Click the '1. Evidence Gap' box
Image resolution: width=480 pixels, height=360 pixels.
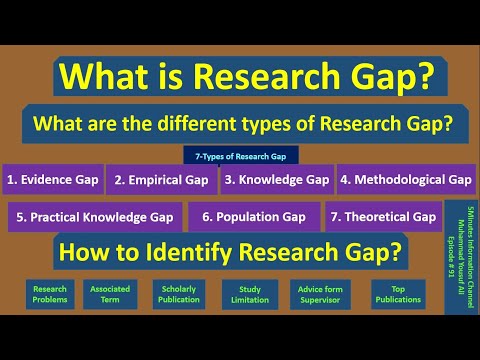[x=51, y=180]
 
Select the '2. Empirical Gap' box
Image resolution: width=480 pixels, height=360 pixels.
[x=161, y=180]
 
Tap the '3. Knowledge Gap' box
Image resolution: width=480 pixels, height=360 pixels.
[x=276, y=180]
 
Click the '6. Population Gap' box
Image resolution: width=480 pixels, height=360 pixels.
[x=253, y=216]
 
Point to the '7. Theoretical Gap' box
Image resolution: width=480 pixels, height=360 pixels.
[x=383, y=216]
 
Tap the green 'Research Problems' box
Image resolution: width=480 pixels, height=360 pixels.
[x=50, y=293]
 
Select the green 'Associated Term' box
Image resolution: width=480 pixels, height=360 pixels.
[x=110, y=293]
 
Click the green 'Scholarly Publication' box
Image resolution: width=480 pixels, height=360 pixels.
[x=180, y=293]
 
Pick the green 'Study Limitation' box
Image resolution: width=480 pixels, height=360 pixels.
[x=250, y=293]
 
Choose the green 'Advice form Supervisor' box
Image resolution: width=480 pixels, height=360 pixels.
[x=322, y=293]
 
